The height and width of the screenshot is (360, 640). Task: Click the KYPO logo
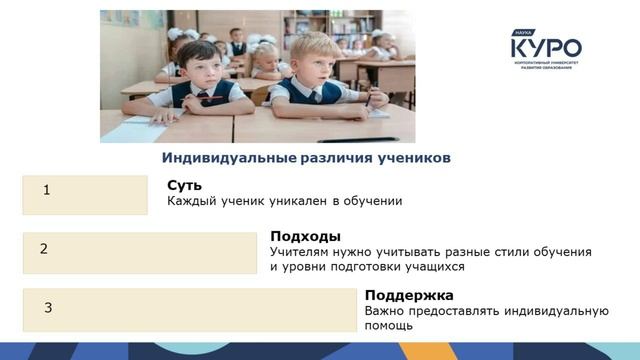coord(545,47)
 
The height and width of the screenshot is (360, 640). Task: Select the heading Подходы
coord(305,236)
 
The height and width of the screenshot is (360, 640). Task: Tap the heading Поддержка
coord(409,295)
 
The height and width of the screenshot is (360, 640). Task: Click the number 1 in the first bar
coord(47,189)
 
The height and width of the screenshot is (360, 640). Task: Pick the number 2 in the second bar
coord(44,249)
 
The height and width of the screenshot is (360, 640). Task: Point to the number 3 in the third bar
coord(48,308)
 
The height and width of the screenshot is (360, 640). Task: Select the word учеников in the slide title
coord(413,158)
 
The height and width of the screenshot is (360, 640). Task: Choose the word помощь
coord(388,326)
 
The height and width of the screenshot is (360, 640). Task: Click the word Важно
coord(384,311)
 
